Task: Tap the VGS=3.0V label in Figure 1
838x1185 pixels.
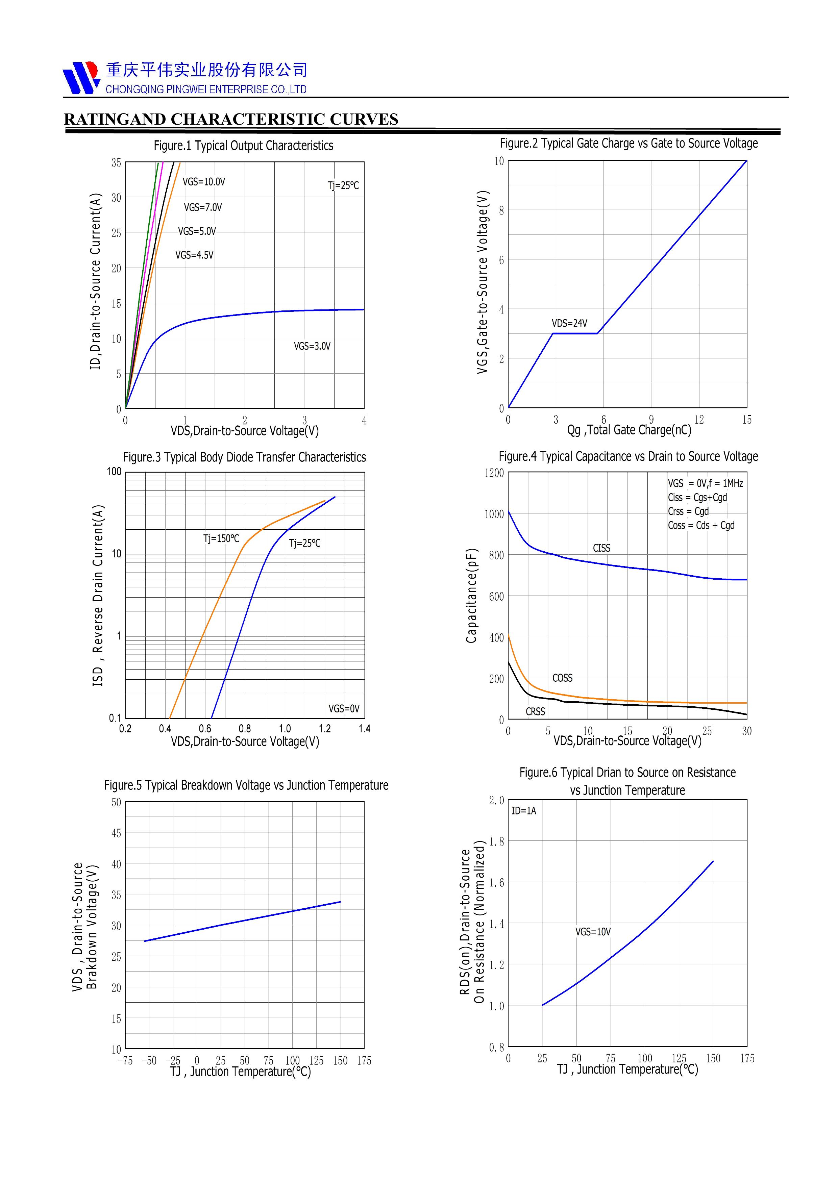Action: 312,346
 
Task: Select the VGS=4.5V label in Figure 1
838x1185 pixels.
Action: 194,255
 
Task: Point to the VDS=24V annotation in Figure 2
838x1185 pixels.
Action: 569,324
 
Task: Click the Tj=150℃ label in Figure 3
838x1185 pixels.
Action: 221,539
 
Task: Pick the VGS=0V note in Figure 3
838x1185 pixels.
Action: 344,709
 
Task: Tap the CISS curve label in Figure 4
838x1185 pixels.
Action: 601,548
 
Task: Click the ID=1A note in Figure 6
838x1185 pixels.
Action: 523,811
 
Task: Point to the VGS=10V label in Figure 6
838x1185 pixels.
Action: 593,932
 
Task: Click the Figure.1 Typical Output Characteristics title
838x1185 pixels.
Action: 243,146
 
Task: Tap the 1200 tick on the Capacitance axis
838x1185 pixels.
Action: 494,473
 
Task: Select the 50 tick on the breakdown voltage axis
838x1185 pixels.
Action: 116,803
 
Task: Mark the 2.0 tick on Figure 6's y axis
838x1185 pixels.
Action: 496,801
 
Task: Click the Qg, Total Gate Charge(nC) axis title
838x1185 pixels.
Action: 629,430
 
